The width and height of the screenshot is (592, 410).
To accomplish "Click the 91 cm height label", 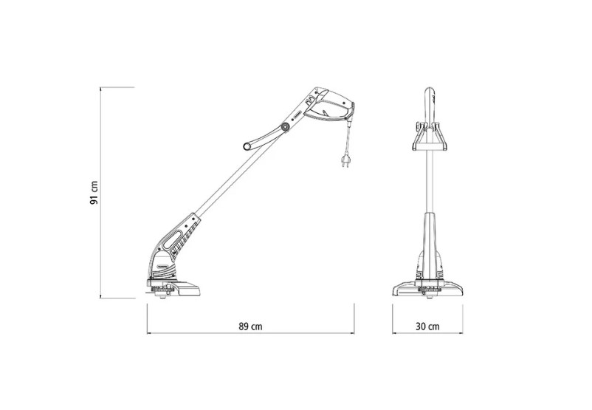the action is coord(94,193).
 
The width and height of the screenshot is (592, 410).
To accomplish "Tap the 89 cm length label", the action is coord(250,326).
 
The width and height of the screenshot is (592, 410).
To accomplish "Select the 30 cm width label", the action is coord(427,326).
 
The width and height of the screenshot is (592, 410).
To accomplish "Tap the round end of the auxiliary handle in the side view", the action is coord(248,146).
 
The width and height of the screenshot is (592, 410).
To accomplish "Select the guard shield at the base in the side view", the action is coord(186,288).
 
